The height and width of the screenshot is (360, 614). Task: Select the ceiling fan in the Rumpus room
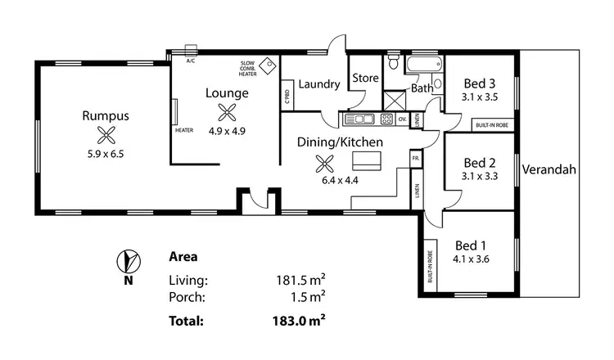tap(104, 135)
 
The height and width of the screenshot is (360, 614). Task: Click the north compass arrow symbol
tap(127, 262)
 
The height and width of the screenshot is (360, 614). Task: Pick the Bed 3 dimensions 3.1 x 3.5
tap(480, 97)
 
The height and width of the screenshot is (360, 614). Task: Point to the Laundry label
tap(318, 83)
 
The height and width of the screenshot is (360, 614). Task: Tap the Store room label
tap(364, 78)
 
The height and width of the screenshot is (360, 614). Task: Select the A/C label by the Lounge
tap(191, 61)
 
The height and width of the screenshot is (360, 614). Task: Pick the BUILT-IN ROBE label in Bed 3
tap(495, 125)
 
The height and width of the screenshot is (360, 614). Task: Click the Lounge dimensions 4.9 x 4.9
tap(227, 131)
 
